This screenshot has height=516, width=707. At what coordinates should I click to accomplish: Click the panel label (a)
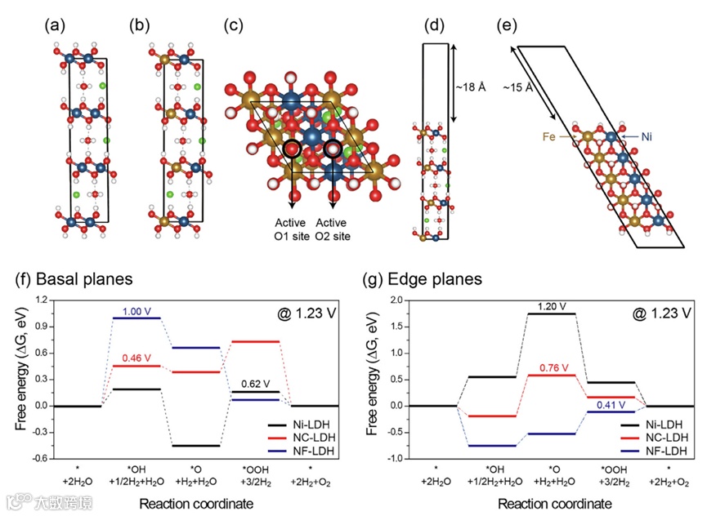coord(55,24)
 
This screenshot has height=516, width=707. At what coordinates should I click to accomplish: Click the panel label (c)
coord(235,24)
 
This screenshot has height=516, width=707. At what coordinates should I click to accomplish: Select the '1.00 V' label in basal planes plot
coord(137,311)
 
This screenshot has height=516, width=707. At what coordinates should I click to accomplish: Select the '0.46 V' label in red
coord(137,358)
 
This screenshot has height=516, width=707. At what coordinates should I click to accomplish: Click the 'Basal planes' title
coord(75,278)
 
